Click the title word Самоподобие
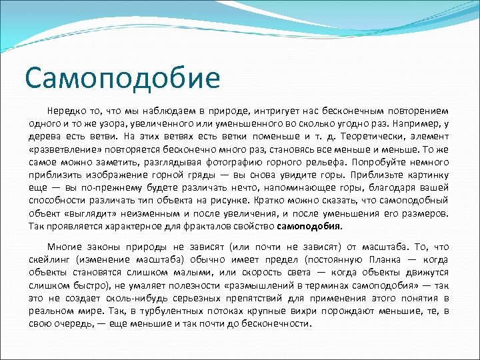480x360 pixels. tap(122, 77)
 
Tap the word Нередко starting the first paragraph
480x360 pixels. tap(65, 110)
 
